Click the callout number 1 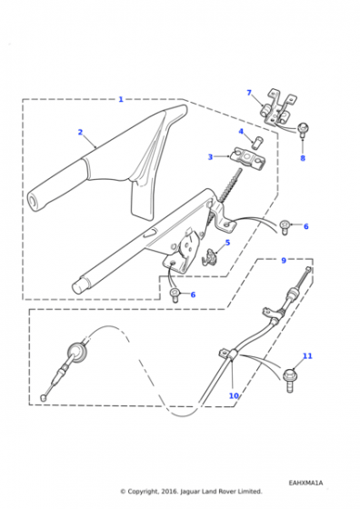click(121, 99)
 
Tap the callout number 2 click(80, 132)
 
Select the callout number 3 click(210, 157)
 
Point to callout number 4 click(241, 132)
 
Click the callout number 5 click(227, 243)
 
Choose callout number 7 click(249, 93)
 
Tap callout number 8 click(303, 158)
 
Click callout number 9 click(284, 260)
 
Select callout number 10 click(234, 395)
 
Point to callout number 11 click(307, 356)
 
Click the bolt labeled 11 click(289, 381)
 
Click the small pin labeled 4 click(259, 142)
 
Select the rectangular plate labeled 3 click(248, 158)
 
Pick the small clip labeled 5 click(208, 256)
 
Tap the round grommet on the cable click(77, 353)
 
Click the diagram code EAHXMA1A click(306, 483)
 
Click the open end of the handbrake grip click(33, 200)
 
